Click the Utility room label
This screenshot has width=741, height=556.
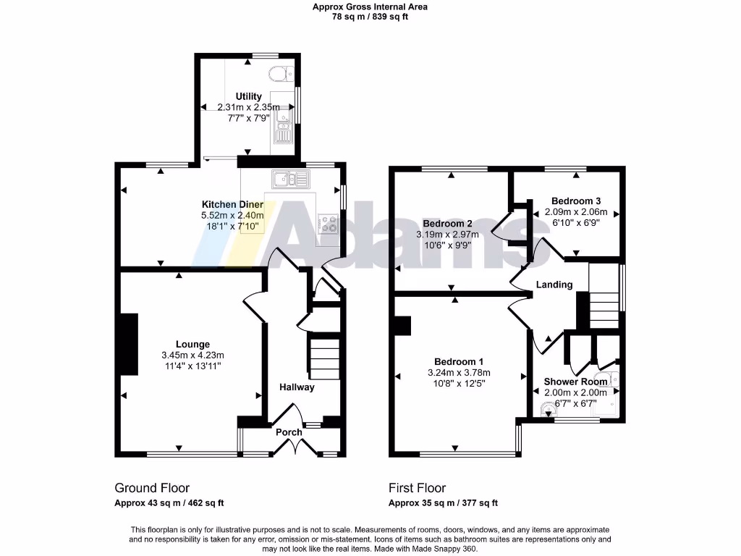click(248, 96)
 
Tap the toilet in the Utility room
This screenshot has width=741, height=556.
click(280, 72)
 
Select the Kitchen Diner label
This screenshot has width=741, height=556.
click(232, 205)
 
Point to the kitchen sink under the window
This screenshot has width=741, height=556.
click(289, 178)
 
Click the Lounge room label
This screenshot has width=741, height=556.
click(192, 344)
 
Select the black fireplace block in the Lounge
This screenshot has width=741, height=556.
click(128, 345)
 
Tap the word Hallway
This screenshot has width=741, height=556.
click(297, 387)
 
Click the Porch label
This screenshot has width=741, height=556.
click(289, 432)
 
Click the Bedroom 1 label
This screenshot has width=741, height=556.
click(459, 362)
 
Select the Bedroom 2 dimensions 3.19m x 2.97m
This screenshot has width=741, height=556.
click(448, 235)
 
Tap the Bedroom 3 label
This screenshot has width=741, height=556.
click(575, 201)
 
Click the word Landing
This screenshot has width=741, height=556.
click(554, 285)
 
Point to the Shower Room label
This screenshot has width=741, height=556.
click(575, 382)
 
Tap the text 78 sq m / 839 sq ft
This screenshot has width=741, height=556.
click(370, 17)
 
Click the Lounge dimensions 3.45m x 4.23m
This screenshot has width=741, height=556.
click(192, 355)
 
